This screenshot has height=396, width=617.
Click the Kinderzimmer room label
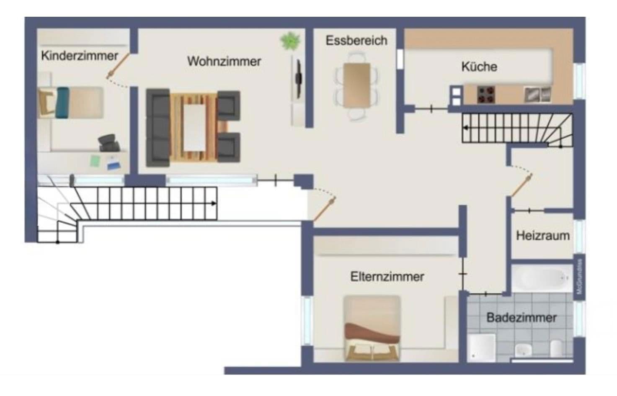coord(80,56)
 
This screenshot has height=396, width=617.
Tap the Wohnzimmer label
coord(224,61)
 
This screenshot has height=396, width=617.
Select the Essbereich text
coord(356,41)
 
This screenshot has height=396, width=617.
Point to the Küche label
coord(479,67)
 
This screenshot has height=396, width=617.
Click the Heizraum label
coord(542,236)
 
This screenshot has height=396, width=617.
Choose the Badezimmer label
coord(521,317)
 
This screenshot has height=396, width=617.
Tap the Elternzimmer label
coord(387,277)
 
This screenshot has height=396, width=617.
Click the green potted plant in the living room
coord(290,41)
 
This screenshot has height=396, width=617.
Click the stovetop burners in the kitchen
coord(486,95)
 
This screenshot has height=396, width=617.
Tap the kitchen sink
coord(537,95)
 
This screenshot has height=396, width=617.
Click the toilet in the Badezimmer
coord(556,348)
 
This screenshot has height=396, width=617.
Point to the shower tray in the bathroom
coord(482,347)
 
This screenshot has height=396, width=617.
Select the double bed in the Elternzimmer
coord(372,329)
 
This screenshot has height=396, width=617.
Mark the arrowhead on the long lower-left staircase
coord(214,203)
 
